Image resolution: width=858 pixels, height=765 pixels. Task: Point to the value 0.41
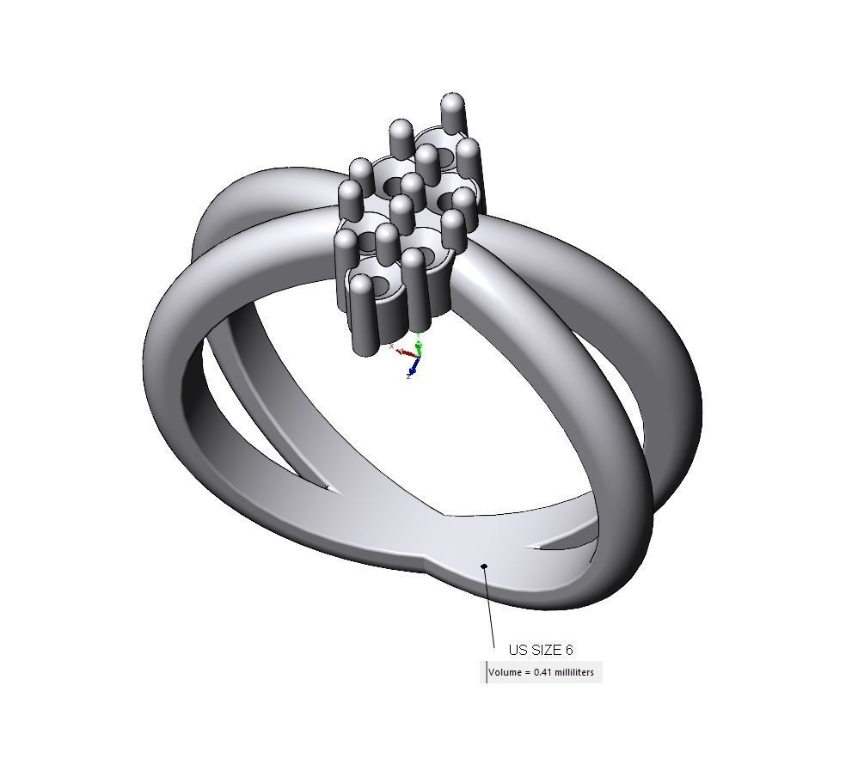pos(542,671)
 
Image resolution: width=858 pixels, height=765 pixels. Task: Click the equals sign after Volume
pos(527,671)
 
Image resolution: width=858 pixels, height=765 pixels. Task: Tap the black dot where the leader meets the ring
pos(485,566)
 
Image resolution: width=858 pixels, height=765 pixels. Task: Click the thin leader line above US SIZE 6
pos(490,606)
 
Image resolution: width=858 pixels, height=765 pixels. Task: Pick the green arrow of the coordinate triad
pos(419,348)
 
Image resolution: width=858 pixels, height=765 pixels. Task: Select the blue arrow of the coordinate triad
pos(413,368)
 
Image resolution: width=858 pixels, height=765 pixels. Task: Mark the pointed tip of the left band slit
pos(330,488)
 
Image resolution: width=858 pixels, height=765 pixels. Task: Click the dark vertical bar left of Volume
pos(487,672)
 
